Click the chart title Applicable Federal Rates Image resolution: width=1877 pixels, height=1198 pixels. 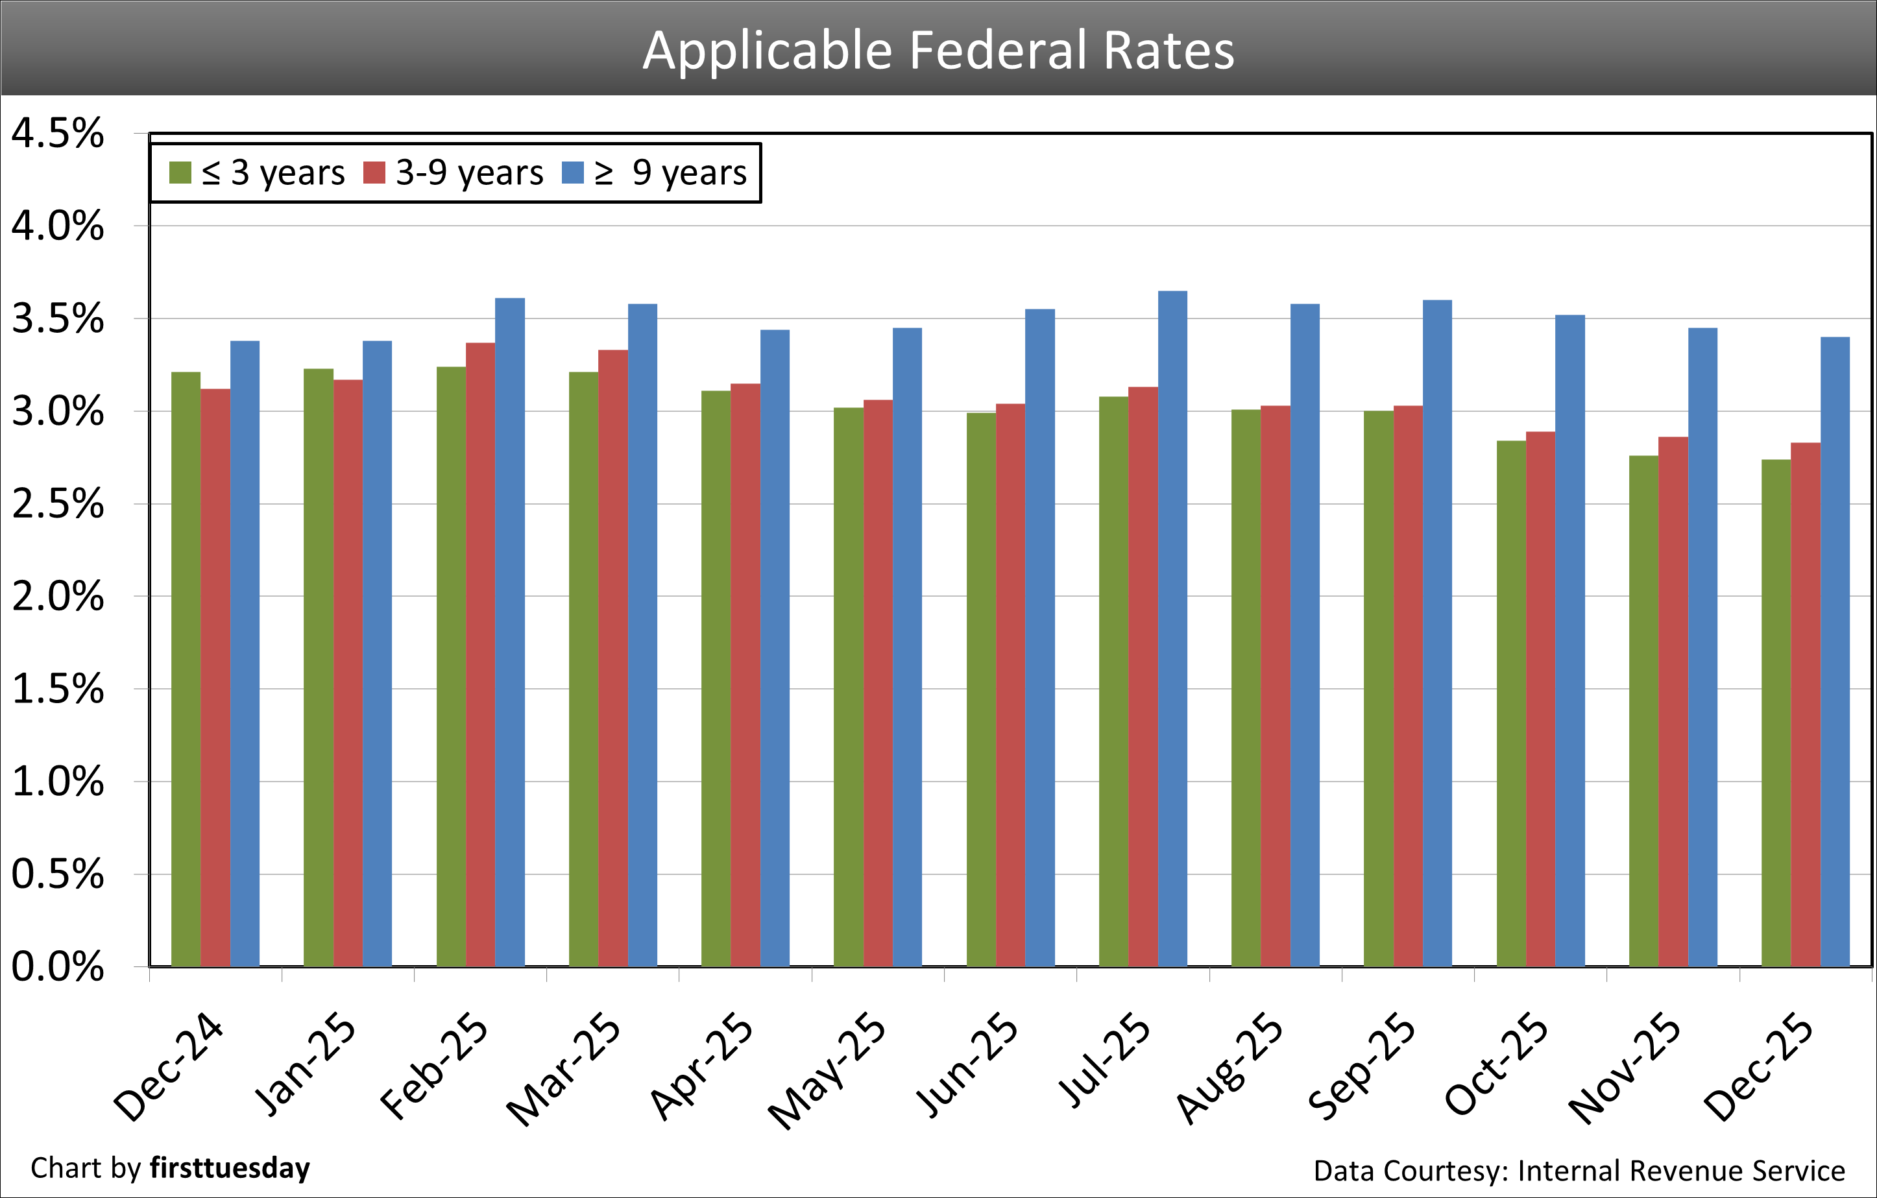(938, 51)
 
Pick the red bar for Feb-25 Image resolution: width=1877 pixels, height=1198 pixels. (480, 654)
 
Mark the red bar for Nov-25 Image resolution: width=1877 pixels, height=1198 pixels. (1673, 702)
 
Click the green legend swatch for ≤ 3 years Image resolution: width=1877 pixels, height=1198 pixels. (180, 173)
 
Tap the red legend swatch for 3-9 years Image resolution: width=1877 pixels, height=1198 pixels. (375, 173)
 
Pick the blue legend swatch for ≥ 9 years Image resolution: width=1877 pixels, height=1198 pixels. (573, 173)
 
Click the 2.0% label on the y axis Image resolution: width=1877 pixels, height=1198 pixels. (57, 597)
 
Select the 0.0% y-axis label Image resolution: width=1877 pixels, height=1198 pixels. (57, 966)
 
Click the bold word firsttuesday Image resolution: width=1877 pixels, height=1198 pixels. (230, 1168)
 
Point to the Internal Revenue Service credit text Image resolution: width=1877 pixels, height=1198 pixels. (1680, 1171)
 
